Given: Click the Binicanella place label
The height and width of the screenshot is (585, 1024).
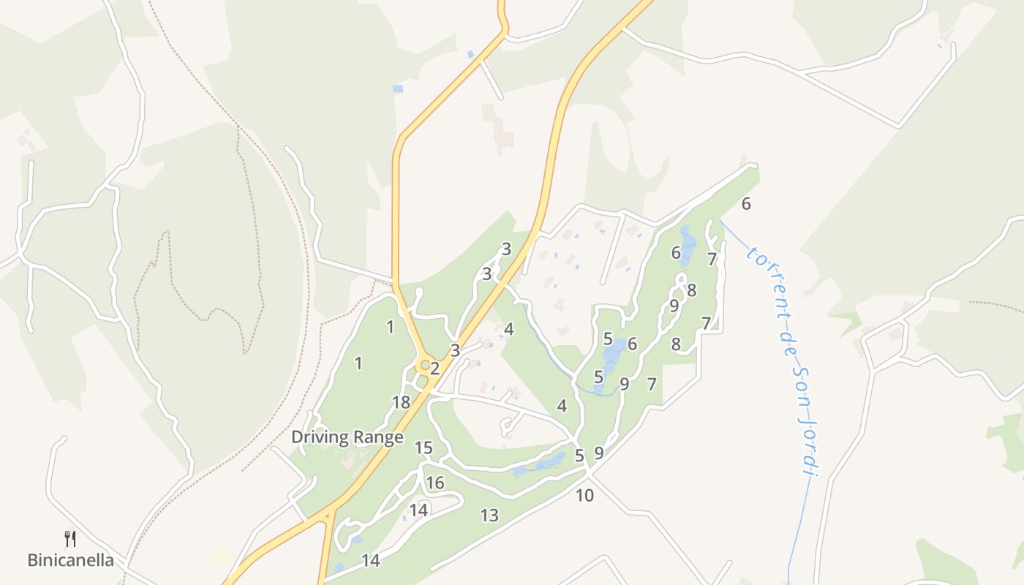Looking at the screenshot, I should click(x=70, y=561).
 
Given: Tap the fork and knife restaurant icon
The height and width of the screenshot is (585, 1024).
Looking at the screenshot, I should click(x=70, y=539).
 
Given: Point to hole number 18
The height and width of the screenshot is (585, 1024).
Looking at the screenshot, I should click(x=401, y=402).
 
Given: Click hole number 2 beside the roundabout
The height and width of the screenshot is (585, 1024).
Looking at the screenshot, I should click(x=434, y=368).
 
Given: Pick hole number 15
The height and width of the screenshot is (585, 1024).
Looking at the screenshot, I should click(x=423, y=448).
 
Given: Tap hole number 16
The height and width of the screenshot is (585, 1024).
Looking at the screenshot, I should click(x=435, y=483).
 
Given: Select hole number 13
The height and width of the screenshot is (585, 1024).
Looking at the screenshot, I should click(x=489, y=515).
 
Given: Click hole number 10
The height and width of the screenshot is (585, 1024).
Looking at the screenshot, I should click(x=584, y=495).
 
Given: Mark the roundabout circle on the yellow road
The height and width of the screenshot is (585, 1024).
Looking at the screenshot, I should click(x=423, y=364).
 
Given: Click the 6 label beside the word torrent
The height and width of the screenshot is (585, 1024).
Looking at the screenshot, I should click(x=746, y=204).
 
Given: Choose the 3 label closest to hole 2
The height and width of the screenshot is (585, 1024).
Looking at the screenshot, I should click(x=455, y=350).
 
